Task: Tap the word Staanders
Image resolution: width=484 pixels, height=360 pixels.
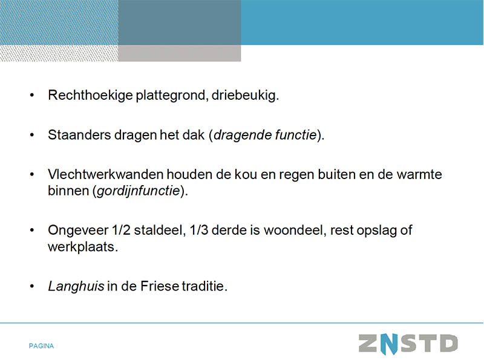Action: pyautogui.click(x=79, y=135)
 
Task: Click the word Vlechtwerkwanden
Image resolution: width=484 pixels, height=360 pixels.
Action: pyautogui.click(x=105, y=174)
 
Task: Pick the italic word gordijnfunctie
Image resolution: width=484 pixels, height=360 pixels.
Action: pyautogui.click(x=139, y=191)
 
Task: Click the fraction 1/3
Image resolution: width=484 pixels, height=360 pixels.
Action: pyautogui.click(x=199, y=231)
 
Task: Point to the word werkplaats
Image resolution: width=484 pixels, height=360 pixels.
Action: pyautogui.click(x=83, y=247)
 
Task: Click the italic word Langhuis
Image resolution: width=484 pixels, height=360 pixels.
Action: pyautogui.click(x=76, y=286)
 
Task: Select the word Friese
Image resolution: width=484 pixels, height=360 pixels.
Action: pyautogui.click(x=160, y=286)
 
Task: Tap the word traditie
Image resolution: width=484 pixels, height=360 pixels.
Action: pyautogui.click(x=204, y=286)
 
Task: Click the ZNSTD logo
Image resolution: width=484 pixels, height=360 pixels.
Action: pyautogui.click(x=408, y=344)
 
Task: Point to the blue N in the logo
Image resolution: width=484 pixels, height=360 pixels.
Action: pyautogui.click(x=389, y=344)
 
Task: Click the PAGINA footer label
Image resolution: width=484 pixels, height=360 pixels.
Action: pyautogui.click(x=41, y=346)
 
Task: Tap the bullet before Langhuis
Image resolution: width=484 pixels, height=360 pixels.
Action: pyautogui.click(x=32, y=287)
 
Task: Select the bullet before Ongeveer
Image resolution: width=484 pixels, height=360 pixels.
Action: pyautogui.click(x=32, y=231)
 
